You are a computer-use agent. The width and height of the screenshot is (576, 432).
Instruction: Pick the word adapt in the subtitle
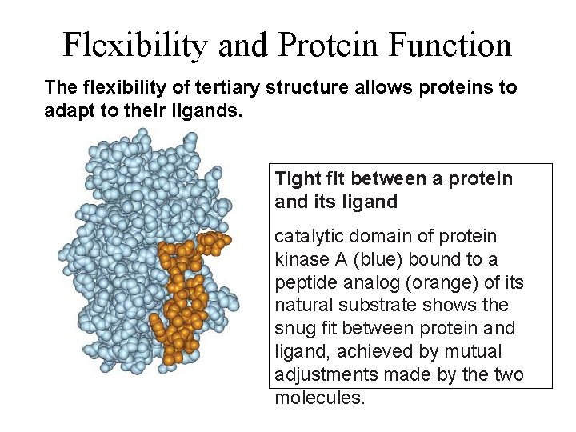click(68, 109)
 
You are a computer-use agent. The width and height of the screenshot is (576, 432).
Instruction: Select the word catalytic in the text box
click(306, 237)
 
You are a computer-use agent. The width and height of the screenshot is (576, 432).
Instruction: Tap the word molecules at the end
click(319, 398)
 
